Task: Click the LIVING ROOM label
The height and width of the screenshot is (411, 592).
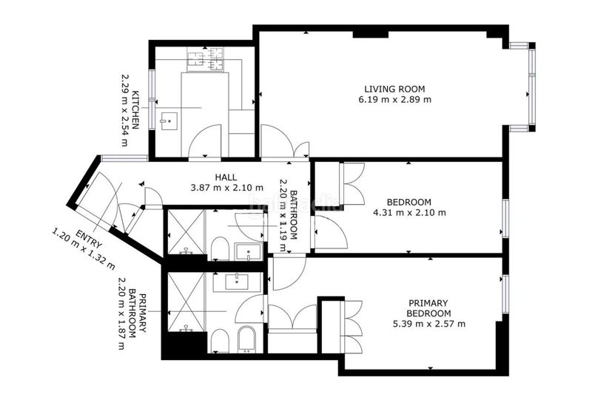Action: pyautogui.click(x=394, y=89)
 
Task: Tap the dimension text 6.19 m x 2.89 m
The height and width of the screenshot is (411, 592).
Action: pyautogui.click(x=394, y=100)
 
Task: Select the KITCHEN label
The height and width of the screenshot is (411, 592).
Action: pyautogui.click(x=135, y=109)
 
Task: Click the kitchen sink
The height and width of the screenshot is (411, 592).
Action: pyautogui.click(x=169, y=121)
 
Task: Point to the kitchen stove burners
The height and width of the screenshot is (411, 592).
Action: pyautogui.click(x=205, y=59)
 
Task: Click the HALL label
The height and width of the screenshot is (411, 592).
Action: pyautogui.click(x=226, y=177)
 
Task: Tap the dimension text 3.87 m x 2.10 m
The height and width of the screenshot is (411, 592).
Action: pyautogui.click(x=227, y=188)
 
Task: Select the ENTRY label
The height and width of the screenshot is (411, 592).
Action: pyautogui.click(x=89, y=240)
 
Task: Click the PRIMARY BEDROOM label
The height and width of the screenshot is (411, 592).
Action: pyautogui.click(x=428, y=308)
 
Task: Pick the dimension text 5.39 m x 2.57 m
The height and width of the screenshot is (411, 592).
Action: pyautogui.click(x=429, y=324)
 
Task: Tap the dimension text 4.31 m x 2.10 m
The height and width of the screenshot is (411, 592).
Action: pyautogui.click(x=409, y=213)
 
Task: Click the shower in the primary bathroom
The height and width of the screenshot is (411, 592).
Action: pyautogui.click(x=186, y=302)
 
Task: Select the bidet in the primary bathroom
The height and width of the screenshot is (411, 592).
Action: pyautogui.click(x=246, y=339)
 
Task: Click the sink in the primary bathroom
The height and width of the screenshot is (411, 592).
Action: pyautogui.click(x=237, y=282)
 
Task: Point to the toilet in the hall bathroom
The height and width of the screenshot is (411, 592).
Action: pyautogui.click(x=220, y=248)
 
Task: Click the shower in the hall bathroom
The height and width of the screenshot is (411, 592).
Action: pyautogui.click(x=186, y=232)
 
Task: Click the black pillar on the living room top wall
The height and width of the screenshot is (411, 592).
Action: pyautogui.click(x=371, y=34)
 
